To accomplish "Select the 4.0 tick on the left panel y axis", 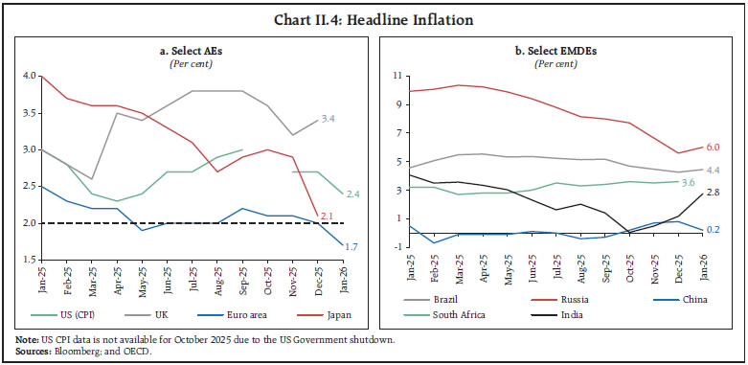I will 27,76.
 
